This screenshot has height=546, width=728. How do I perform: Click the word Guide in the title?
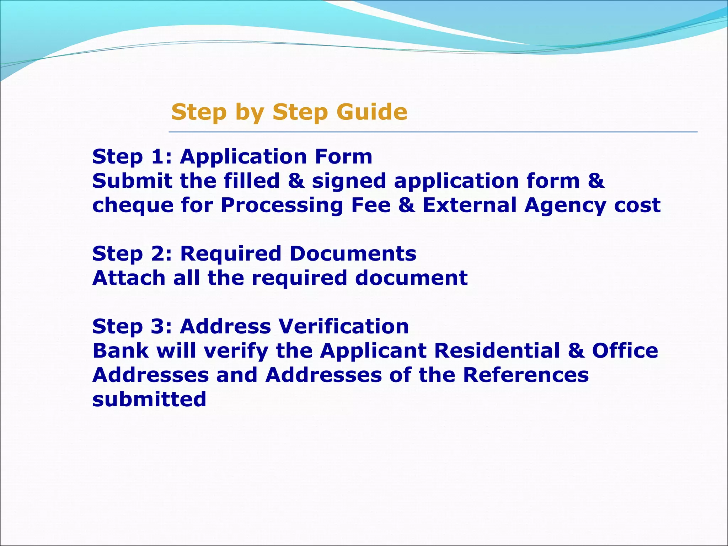coord(371,112)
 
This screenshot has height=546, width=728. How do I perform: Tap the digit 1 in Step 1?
coord(157,157)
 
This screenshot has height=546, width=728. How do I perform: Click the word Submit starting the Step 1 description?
coord(132,181)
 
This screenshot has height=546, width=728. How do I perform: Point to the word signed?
coord(349,181)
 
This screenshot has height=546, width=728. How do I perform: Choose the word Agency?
coord(565,206)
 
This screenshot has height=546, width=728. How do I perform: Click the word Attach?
coord(129,278)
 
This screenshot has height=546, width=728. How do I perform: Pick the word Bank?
coord(121,351)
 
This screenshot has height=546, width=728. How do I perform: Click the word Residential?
coord(497,351)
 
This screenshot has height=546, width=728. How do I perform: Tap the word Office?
coord(625,351)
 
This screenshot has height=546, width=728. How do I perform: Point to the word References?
coord(526,375)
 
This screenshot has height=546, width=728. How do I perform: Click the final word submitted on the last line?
coord(149,399)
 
